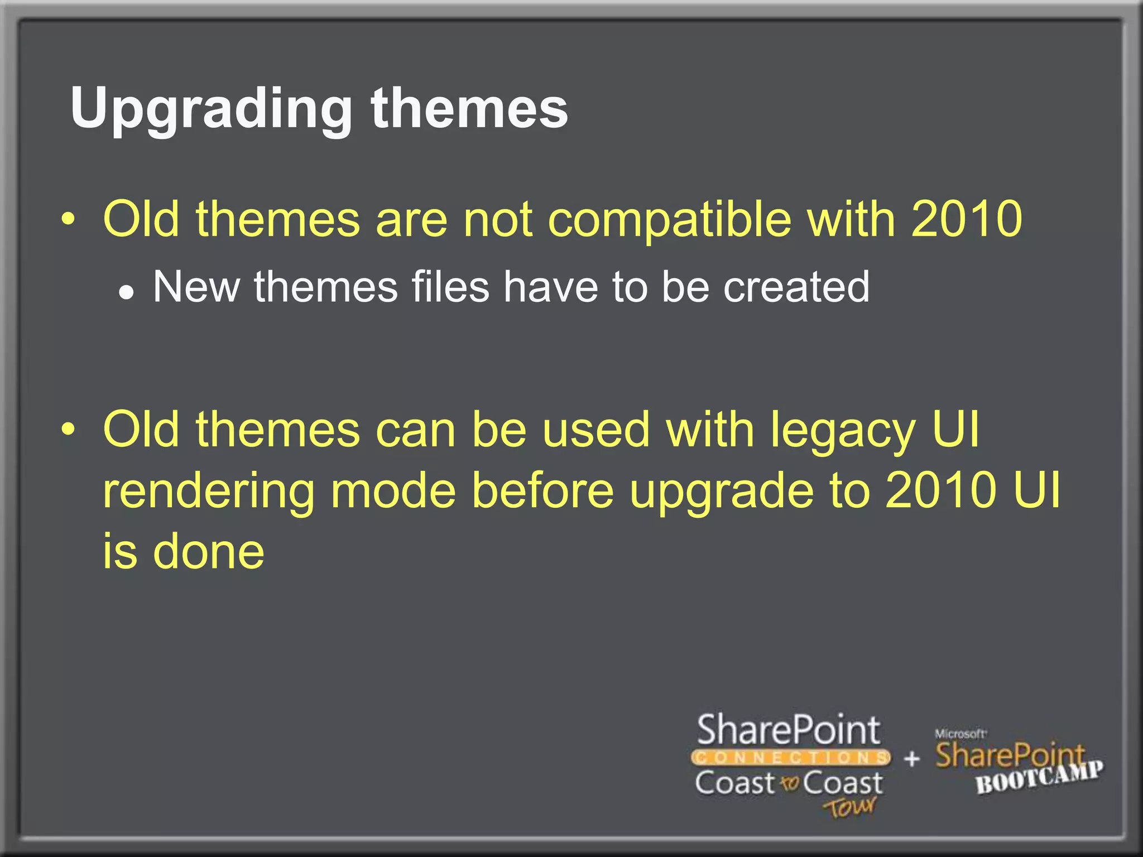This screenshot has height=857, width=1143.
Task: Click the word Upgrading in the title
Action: [211, 109]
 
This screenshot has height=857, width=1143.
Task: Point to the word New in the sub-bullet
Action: [196, 287]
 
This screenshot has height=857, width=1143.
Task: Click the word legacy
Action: [843, 430]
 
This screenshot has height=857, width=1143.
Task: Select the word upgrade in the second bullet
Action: [722, 491]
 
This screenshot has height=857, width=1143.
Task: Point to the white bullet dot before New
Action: [127, 292]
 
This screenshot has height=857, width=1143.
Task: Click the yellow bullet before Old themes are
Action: [68, 219]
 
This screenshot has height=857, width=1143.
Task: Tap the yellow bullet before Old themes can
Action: [68, 430]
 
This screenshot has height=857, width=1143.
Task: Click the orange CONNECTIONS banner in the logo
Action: [790, 757]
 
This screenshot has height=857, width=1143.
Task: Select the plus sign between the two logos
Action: [911, 758]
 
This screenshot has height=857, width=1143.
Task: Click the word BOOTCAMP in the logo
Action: [1039, 777]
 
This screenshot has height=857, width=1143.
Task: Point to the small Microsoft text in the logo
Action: [960, 734]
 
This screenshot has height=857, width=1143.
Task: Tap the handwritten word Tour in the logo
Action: [849, 807]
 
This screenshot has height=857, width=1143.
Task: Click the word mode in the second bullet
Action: [393, 491]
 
